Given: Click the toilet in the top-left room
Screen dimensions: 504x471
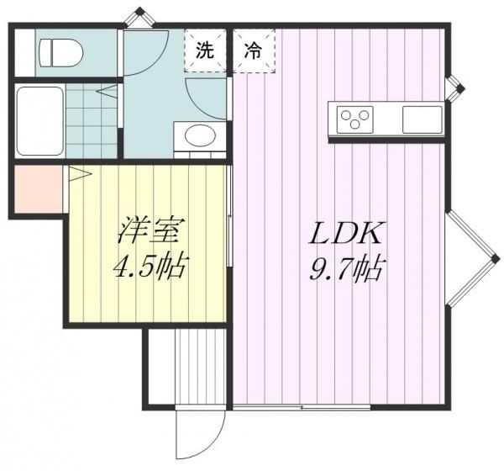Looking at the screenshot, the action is pyautogui.click(x=60, y=53).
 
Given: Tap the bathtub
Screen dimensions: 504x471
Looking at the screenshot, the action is pyautogui.click(x=39, y=121).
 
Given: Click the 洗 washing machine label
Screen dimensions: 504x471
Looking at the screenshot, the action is pyautogui.click(x=205, y=50).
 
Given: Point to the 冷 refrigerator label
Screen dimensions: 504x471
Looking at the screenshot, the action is pyautogui.click(x=253, y=50).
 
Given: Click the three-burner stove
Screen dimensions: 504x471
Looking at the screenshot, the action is pyautogui.click(x=354, y=119).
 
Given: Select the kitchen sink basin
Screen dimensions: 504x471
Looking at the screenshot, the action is pyautogui.click(x=422, y=119).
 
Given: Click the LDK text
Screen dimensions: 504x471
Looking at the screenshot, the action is pyautogui.click(x=345, y=234).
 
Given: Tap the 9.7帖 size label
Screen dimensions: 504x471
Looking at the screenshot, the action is pyautogui.click(x=346, y=268).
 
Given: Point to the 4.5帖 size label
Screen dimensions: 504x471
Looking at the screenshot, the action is pyautogui.click(x=150, y=266).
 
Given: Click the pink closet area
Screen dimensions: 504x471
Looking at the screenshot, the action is pyautogui.click(x=39, y=188).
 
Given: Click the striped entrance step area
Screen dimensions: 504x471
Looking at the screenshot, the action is pyautogui.click(x=200, y=366).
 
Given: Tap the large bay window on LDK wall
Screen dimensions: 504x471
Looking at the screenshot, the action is pyautogui.click(x=472, y=258).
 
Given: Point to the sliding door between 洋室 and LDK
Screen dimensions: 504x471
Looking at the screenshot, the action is pyautogui.click(x=229, y=215).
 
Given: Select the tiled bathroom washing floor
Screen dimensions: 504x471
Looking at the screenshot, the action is pyautogui.click(x=92, y=121).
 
